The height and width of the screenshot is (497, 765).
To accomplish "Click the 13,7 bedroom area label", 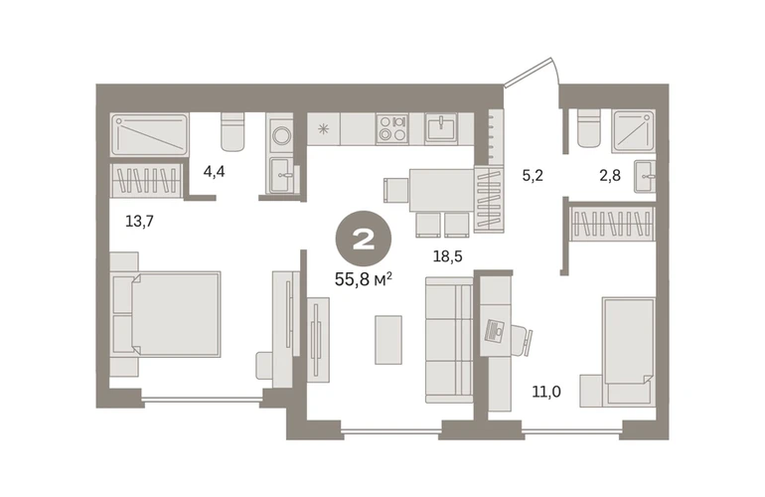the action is point(139,221).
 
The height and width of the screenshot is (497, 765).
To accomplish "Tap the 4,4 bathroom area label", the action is point(214,172).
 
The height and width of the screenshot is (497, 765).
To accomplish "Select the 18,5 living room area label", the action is point(447,255).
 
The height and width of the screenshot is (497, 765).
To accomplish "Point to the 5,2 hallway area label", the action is point(533,175).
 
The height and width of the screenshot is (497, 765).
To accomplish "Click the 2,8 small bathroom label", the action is point(610,175).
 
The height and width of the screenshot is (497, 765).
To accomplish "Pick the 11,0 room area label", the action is point(546,391).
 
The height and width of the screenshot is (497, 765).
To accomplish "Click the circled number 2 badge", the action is point(363,239).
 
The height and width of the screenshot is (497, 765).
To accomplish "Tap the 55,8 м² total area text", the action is point(364,279).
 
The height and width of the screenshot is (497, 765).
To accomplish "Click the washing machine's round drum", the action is point(281,135).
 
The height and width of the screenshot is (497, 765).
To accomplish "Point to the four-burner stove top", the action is point(392,128).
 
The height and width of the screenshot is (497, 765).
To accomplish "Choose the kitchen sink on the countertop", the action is point(440,128).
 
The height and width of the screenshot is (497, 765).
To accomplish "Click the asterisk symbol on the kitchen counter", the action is point(323,129).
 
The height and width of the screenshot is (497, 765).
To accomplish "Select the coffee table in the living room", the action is point(388,340).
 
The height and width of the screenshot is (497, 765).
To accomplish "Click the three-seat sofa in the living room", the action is point(449,340).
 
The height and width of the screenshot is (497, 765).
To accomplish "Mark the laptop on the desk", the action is point(497,332).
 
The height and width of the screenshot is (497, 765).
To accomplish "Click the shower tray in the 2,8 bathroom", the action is point(634,131).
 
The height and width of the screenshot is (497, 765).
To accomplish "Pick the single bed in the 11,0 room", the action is point(628,353).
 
